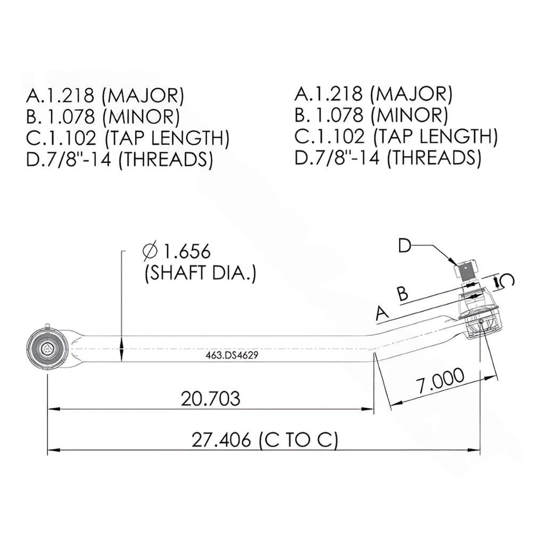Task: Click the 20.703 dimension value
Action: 210,398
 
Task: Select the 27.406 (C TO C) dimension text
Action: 265,440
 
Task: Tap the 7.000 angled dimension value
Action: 440,381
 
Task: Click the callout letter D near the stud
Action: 406,245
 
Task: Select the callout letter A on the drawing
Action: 382,314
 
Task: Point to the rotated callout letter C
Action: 507,282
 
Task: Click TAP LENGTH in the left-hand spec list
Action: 167,138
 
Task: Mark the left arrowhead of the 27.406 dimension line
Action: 52,450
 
